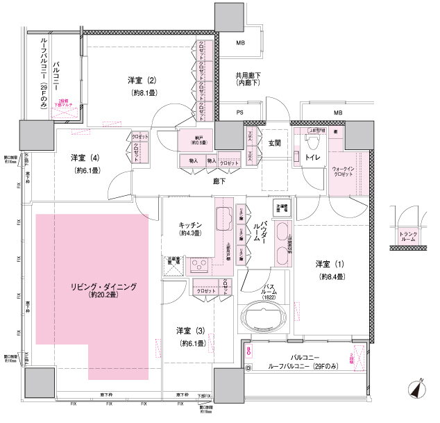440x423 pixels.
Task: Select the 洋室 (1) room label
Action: point(330,264)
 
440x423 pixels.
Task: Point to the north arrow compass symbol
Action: point(418,390)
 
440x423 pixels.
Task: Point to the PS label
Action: point(239,112)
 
